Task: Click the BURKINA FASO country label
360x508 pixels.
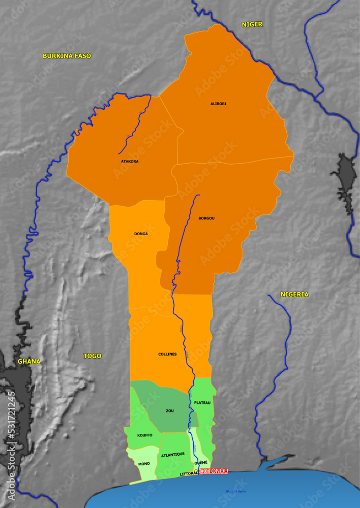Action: click(67, 56)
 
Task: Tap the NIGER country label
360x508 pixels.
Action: click(252, 24)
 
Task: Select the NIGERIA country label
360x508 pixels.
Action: click(294, 294)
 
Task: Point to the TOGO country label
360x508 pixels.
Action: click(92, 356)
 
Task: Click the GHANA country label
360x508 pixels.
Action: click(29, 361)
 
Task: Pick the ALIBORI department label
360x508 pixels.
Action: click(219, 104)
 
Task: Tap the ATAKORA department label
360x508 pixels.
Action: click(130, 162)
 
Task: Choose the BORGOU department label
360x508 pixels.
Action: click(206, 218)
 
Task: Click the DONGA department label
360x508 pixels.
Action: click(141, 234)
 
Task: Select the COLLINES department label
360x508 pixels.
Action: click(167, 354)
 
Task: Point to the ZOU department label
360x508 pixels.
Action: click(170, 410)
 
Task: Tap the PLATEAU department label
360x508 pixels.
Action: click(202, 403)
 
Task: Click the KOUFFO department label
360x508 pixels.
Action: click(145, 435)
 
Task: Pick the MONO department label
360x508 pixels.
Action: click(144, 463)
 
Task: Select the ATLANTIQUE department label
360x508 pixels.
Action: click(172, 454)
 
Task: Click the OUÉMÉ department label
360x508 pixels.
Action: click(201, 462)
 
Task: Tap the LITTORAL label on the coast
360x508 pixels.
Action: click(189, 474)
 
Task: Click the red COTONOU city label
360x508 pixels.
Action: click(214, 471)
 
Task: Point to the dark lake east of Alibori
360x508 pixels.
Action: click(345, 183)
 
